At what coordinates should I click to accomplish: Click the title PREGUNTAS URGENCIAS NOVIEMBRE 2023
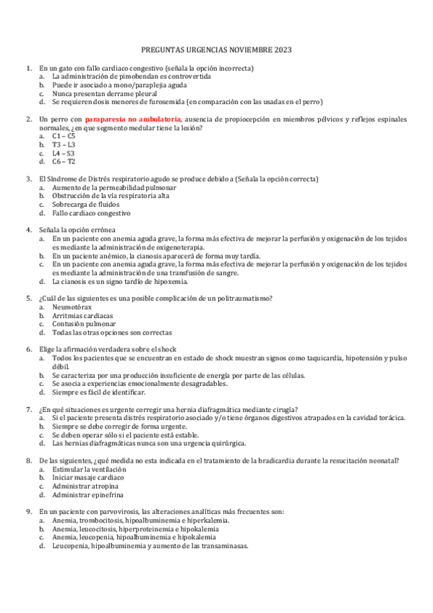pyautogui.click(x=216, y=50)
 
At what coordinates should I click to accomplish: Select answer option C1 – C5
pyautogui.click(x=64, y=136)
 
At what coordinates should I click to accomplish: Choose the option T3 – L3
pyautogui.click(x=64, y=145)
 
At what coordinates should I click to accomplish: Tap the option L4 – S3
pyautogui.click(x=64, y=153)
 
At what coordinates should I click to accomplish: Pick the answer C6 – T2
pyautogui.click(x=64, y=162)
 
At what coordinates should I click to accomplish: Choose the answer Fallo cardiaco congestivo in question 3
pyautogui.click(x=91, y=213)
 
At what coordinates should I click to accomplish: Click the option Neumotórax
pyautogui.click(x=71, y=307)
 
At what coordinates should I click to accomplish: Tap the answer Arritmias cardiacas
pyautogui.click(x=82, y=316)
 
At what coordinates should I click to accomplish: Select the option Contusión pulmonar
pyautogui.click(x=84, y=324)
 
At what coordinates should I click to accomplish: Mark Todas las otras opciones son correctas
pyautogui.click(x=112, y=333)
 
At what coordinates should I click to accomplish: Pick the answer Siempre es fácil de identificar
pyautogui.click(x=98, y=393)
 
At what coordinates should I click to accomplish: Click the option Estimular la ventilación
pyautogui.click(x=90, y=469)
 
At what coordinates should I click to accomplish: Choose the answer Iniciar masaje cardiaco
pyautogui.click(x=87, y=478)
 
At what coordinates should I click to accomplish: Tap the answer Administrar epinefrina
pyautogui.click(x=87, y=495)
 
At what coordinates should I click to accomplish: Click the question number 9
pyautogui.click(x=28, y=512)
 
